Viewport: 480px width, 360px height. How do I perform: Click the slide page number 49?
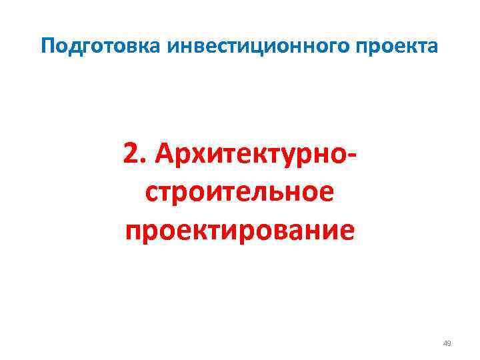447,343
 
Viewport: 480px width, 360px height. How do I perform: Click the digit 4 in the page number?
445,343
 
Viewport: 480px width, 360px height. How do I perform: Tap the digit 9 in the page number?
449,343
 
